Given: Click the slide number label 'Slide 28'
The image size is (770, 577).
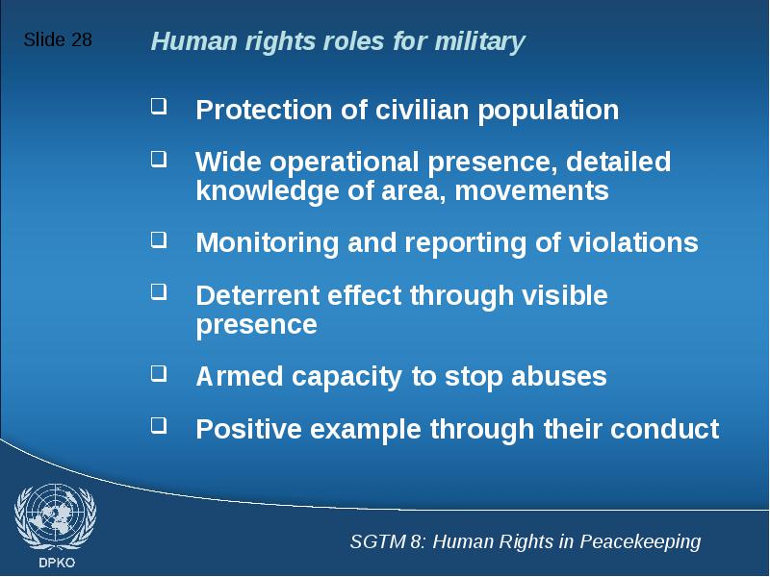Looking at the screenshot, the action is point(58,39).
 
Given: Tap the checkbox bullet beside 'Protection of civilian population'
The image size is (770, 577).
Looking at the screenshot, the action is point(159,107).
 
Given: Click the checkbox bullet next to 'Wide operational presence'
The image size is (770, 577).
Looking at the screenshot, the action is point(159,160).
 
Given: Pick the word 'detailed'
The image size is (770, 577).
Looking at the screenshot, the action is point(618,162).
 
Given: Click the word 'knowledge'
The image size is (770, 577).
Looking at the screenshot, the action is point(268,190).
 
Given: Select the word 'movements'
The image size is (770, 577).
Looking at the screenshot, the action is point(532,191).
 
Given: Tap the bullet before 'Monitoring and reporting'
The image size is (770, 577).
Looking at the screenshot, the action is point(159,239).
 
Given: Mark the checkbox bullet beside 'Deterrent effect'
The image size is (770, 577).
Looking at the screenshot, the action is point(159,291).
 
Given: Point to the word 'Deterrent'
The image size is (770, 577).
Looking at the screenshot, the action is point(257,296).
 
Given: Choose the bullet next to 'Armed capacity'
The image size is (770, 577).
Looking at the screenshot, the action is point(159,373).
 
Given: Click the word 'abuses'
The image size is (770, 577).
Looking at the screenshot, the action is point(559,376).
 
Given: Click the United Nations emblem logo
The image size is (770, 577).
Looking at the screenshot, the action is point(56,517).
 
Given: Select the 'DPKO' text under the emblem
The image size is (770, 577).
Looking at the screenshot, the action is point(57,563).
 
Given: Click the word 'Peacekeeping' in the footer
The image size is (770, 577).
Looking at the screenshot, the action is point(640,542).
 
